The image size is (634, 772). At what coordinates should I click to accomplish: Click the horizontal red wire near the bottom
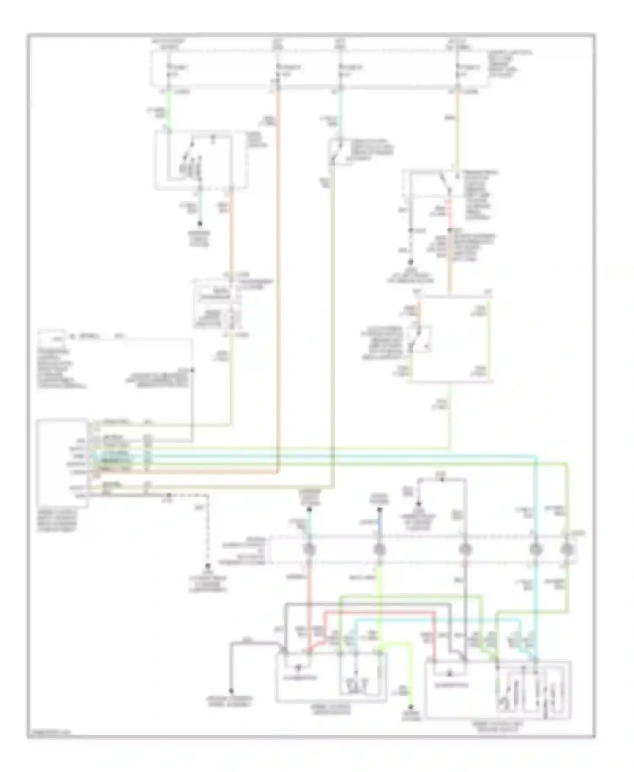click(x=380, y=612)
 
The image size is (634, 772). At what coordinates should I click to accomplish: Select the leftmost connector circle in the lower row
click(x=309, y=549)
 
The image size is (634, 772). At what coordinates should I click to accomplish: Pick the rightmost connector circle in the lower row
click(x=567, y=549)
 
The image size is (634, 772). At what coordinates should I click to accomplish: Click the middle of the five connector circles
click(x=465, y=549)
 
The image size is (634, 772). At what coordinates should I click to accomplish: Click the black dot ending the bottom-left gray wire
click(x=231, y=691)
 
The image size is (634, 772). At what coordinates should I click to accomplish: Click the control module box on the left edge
click(x=62, y=462)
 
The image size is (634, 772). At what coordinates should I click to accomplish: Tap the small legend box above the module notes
click(x=52, y=337)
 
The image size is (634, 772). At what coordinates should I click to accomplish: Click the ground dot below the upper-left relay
click(x=200, y=224)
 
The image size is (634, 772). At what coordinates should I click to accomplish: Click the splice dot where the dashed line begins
click(x=168, y=495)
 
